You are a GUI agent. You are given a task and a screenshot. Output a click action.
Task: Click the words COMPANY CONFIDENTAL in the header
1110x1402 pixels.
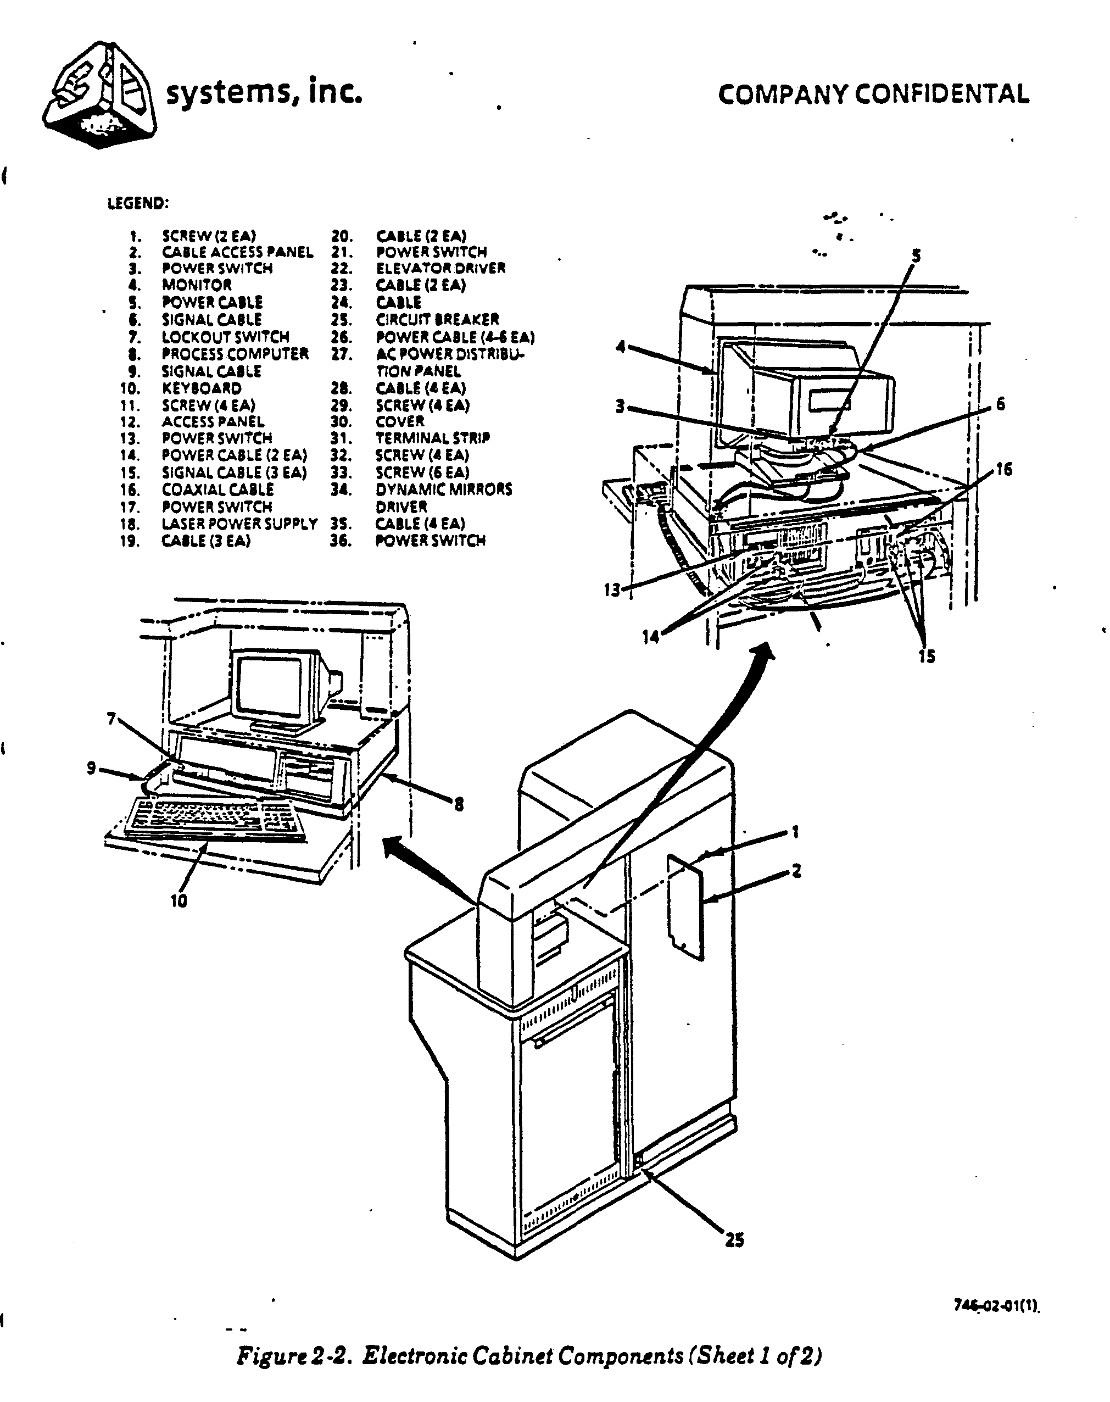coord(873,95)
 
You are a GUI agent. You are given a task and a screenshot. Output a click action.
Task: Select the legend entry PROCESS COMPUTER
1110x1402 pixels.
coord(235,354)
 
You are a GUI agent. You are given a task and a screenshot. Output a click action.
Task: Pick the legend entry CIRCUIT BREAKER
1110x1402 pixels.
coord(437,320)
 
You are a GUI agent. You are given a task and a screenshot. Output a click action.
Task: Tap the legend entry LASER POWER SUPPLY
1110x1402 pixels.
coord(239,524)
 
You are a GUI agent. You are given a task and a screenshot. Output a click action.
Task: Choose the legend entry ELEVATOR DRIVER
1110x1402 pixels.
coord(440,269)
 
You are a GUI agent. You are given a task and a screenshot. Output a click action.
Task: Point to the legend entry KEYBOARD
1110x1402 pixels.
coord(202,389)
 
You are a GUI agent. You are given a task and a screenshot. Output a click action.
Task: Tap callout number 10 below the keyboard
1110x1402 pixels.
coord(179,901)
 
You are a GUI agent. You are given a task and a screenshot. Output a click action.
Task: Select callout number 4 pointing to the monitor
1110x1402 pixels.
coord(621,347)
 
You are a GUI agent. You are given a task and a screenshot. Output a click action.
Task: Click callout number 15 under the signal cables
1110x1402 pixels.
coord(927,657)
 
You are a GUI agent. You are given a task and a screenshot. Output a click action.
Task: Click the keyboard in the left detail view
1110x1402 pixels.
coord(214,819)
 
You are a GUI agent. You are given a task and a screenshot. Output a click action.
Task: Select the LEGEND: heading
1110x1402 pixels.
coord(138,203)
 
